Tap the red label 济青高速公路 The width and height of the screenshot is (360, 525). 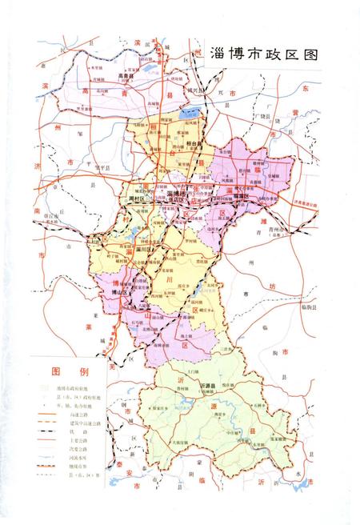[x=307, y=206]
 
